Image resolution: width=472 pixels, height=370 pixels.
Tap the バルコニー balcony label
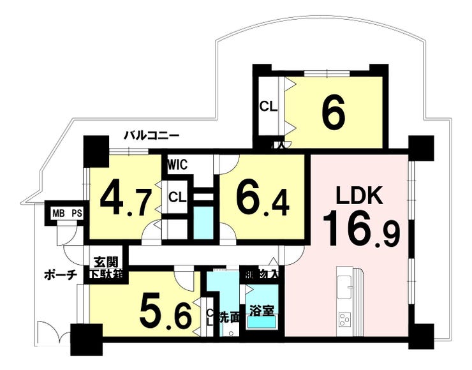click(151, 135)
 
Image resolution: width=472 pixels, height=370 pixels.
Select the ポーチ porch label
click(61, 275)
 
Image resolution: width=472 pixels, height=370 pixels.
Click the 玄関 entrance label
click(107, 262)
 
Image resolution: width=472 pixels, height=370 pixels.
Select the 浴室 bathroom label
click(262, 311)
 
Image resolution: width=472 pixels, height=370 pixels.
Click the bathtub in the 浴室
click(262, 323)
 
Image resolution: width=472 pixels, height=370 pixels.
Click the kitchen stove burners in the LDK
click(344, 318)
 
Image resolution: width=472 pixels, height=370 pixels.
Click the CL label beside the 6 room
click(268, 107)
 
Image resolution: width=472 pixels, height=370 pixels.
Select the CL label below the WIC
click(177, 198)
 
